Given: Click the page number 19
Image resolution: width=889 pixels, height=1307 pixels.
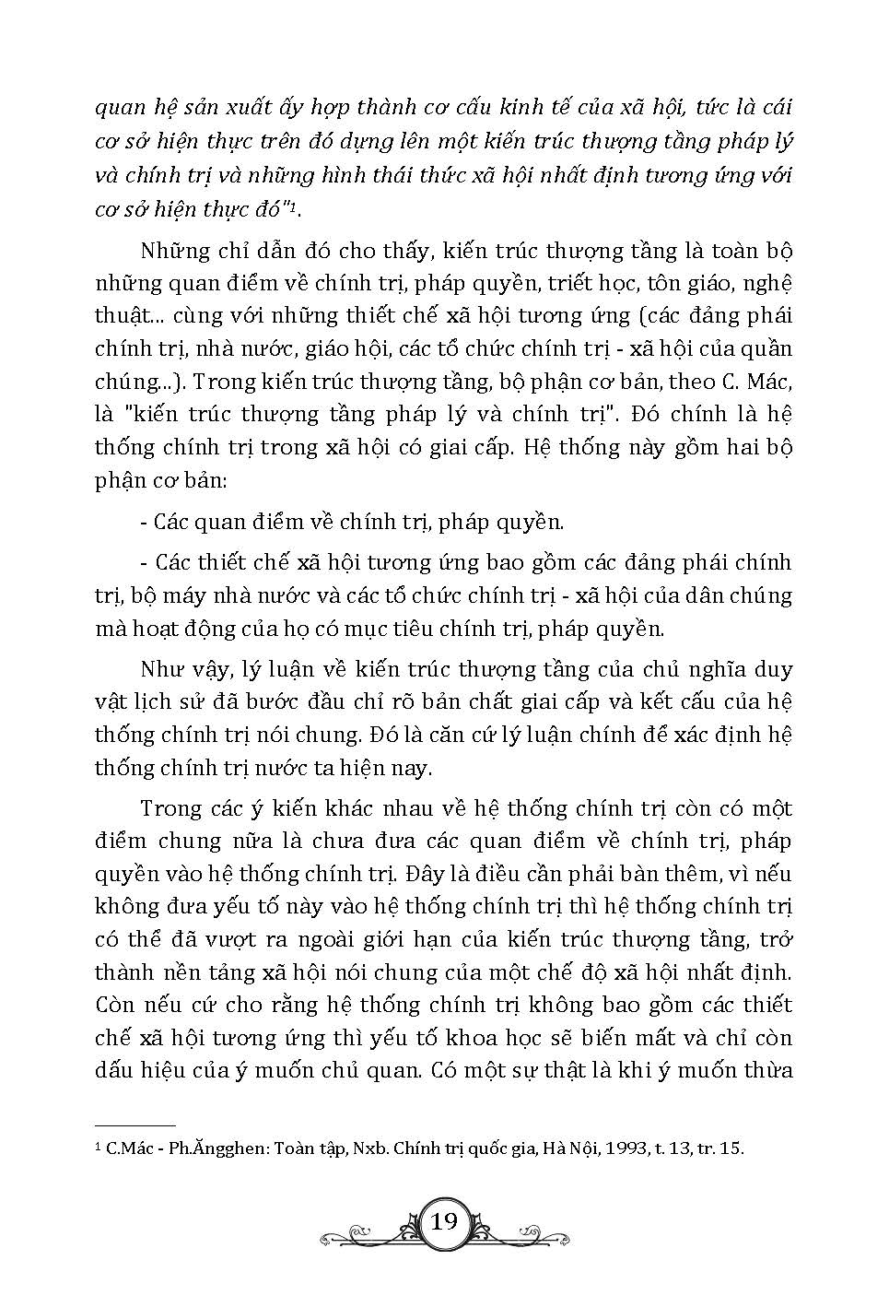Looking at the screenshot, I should [444, 1222].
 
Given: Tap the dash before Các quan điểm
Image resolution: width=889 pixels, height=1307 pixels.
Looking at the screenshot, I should [144, 523].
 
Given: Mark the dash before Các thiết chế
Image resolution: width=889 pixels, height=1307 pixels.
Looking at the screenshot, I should [144, 562].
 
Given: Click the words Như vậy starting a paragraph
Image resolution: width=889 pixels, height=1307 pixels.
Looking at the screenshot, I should [178, 668].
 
